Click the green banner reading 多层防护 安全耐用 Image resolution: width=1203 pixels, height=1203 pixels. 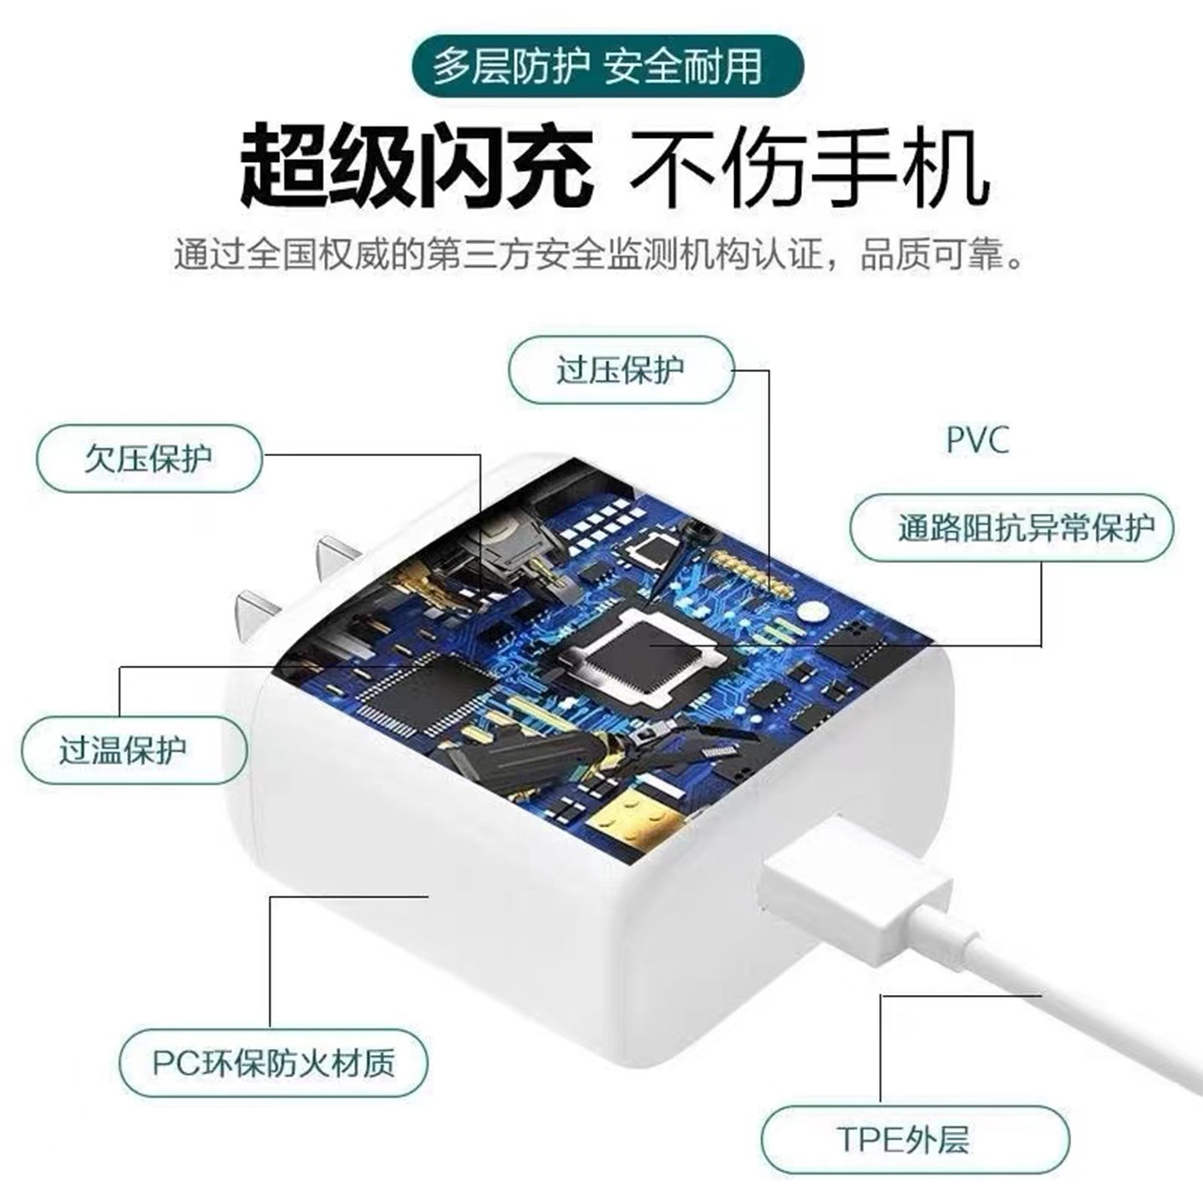pyautogui.click(x=598, y=67)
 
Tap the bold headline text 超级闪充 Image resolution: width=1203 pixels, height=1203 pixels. pyautogui.click(x=415, y=165)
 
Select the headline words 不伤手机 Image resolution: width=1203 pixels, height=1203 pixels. pyautogui.click(x=809, y=167)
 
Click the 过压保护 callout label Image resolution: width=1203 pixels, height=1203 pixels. pyautogui.click(x=621, y=370)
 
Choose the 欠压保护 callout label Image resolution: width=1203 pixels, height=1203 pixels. pyautogui.click(x=149, y=459)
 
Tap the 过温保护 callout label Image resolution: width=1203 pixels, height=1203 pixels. pyautogui.click(x=134, y=749)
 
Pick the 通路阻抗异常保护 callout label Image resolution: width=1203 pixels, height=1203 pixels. pyautogui.click(x=1012, y=528)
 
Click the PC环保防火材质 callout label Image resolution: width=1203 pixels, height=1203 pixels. pyautogui.click(x=272, y=1063)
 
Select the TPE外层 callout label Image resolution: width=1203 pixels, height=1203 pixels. pyautogui.click(x=914, y=1140)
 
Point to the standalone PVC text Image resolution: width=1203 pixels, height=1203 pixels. pyautogui.click(x=977, y=440)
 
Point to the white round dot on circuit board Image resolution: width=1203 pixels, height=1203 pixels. pyautogui.click(x=809, y=612)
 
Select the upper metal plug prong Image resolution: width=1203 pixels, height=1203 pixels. pyautogui.click(x=338, y=555)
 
